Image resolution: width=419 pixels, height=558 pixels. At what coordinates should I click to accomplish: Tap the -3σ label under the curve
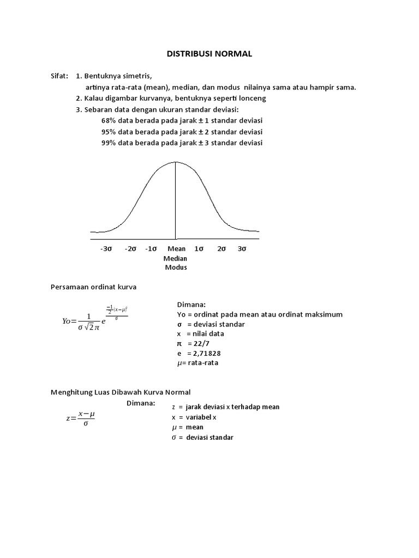click(106, 248)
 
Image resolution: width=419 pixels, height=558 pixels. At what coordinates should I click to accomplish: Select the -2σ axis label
click(130, 248)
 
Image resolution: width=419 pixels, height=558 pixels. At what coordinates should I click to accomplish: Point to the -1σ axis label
click(151, 248)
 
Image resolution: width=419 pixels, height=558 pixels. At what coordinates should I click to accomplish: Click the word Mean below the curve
click(176, 248)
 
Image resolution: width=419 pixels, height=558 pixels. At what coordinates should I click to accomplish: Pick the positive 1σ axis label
click(199, 248)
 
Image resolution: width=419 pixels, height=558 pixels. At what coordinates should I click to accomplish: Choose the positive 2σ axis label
click(222, 248)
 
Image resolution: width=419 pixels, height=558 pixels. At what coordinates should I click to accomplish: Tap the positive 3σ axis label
click(242, 248)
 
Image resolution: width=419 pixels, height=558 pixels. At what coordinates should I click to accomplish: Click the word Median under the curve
click(175, 258)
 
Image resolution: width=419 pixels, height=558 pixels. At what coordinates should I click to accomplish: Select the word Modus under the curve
click(176, 268)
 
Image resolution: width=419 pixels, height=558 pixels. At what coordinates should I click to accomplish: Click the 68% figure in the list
click(109, 120)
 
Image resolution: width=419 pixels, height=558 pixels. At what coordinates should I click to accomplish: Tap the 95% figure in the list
click(109, 132)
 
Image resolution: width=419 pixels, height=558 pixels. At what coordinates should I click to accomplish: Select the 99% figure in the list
click(109, 143)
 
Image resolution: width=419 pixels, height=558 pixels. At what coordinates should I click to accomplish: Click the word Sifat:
click(60, 76)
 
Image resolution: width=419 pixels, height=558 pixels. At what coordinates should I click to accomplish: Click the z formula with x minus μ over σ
click(81, 418)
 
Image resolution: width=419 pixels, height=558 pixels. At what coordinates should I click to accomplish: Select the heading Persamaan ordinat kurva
click(93, 287)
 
